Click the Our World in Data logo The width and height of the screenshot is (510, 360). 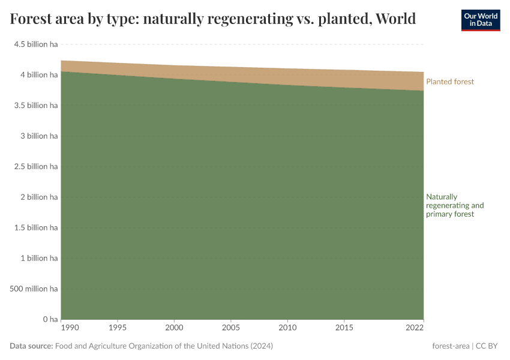(x=480, y=20)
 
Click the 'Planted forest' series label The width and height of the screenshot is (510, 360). (x=449, y=82)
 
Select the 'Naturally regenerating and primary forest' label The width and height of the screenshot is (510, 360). (x=454, y=205)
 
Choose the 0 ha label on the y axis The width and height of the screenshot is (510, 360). (x=50, y=319)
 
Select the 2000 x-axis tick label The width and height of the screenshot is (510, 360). (x=174, y=329)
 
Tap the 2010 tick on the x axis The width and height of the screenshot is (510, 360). (x=287, y=329)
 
